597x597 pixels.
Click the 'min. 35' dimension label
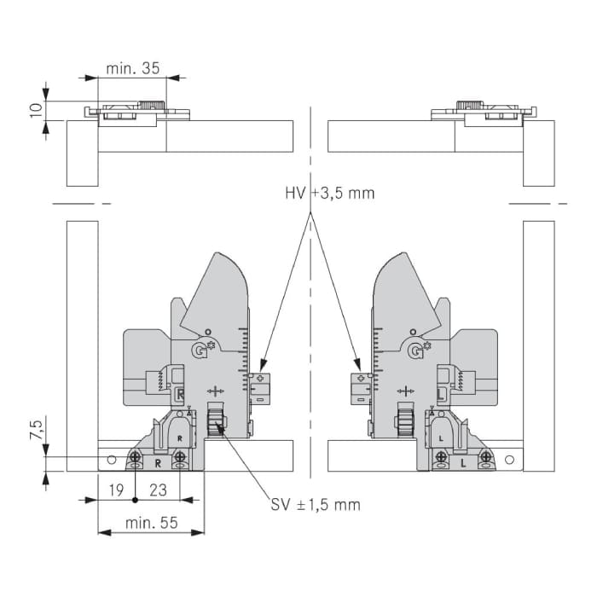[x=132, y=68]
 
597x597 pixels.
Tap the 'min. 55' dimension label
[x=152, y=523]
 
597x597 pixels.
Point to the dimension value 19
[x=116, y=490]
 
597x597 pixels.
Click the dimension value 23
[x=158, y=490]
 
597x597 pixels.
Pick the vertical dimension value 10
[x=37, y=110]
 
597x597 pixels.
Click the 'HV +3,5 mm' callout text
[x=330, y=194]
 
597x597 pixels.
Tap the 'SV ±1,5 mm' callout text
[x=316, y=505]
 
